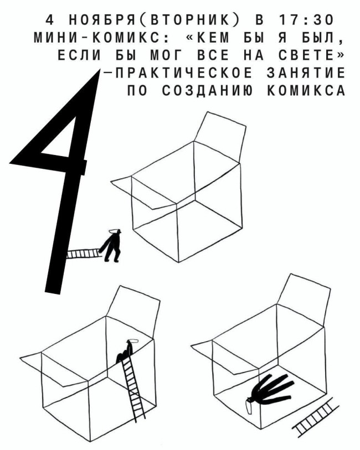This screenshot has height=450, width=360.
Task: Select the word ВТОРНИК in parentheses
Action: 189,20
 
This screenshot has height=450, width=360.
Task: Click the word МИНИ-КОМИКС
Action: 97,38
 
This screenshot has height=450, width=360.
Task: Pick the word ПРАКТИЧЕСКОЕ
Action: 183,73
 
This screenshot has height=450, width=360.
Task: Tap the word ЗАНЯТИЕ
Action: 306,73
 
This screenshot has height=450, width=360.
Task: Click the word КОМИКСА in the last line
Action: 306,90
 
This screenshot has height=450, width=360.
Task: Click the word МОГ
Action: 164,55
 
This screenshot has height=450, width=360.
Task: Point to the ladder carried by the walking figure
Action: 84,253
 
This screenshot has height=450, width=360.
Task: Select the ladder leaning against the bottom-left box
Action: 133,388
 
